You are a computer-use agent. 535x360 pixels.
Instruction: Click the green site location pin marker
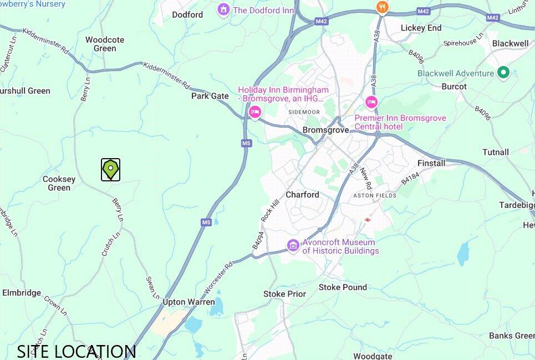tap(111, 169)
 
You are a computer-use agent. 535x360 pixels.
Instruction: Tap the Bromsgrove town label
tap(325, 130)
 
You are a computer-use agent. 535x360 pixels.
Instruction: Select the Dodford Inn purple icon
tap(223, 9)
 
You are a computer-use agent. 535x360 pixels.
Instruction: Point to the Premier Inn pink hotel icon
tap(371, 103)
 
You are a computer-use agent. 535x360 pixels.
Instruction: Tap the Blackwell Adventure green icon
tap(503, 73)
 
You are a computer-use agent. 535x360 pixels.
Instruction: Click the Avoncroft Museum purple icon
tap(293, 245)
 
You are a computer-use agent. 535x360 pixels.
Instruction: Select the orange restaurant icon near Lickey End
tap(381, 7)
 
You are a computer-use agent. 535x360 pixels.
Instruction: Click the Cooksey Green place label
tap(59, 183)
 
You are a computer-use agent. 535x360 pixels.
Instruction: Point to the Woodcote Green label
tap(105, 44)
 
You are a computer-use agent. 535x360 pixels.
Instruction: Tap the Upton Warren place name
tap(188, 302)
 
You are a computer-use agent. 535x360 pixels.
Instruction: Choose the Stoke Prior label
tap(284, 293)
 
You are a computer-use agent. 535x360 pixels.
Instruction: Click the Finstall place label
tap(431, 163)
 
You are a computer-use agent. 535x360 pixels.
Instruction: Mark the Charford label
tap(302, 195)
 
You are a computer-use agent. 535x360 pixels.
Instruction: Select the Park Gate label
tap(210, 96)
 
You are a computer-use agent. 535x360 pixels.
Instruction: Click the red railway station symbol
tap(367, 221)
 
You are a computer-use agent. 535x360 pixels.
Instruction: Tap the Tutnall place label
tap(495, 152)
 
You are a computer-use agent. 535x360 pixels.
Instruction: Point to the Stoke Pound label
tap(343, 287)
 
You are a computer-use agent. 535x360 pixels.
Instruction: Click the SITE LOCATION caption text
tap(77, 351)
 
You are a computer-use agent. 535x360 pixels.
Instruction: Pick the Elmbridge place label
tap(22, 292)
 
